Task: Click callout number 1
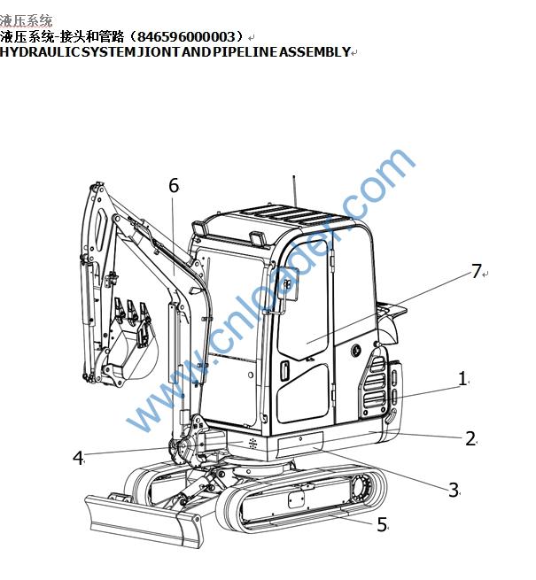click(x=462, y=379)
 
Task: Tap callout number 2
click(x=470, y=438)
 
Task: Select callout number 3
click(x=454, y=490)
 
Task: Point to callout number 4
click(x=78, y=458)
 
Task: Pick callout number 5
click(x=382, y=524)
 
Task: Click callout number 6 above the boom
click(x=174, y=185)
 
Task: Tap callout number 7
click(x=477, y=271)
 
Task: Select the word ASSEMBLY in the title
click(x=315, y=51)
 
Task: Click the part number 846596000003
click(x=186, y=36)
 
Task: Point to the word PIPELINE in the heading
click(x=245, y=51)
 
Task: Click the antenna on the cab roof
click(x=295, y=191)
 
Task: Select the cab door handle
click(x=284, y=371)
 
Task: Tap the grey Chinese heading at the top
click(x=26, y=20)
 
